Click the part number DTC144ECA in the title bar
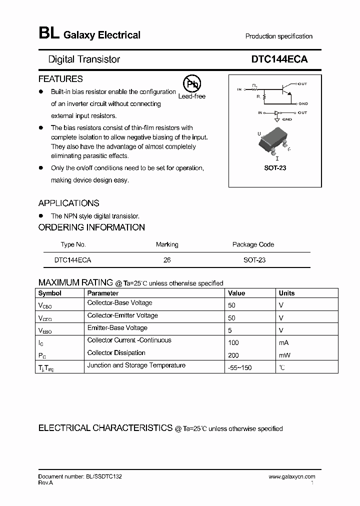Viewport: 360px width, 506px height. pos(279,59)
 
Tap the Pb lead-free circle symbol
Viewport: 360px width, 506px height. pos(191,84)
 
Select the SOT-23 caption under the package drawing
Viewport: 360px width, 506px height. pos(275,168)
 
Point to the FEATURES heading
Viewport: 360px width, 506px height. pos(60,79)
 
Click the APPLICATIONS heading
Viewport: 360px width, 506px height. pos(68,203)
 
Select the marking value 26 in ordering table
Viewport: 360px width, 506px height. pos(167,260)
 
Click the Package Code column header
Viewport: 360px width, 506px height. pos(253,244)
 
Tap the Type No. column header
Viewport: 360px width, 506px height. pos(73,244)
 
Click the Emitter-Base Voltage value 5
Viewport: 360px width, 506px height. pos(230,330)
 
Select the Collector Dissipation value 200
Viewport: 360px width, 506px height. pos(233,355)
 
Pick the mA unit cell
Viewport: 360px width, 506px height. pos(283,343)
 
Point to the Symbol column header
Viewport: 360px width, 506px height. pos(50,293)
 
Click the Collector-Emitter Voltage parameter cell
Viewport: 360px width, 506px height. pos(122,315)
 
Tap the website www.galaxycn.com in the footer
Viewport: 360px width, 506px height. pos(292,477)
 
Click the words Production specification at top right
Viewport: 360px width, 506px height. pos(278,36)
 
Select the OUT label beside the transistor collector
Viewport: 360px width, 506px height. pos(302,84)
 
